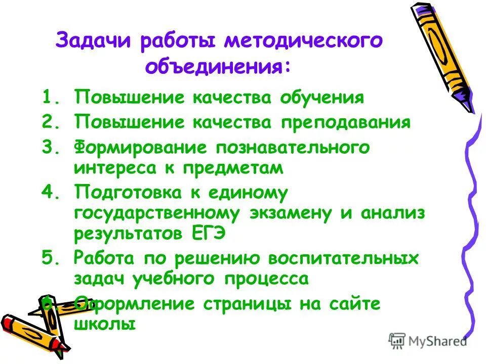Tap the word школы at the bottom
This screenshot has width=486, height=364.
tap(105, 324)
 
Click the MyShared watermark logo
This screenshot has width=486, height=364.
tap(428, 341)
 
